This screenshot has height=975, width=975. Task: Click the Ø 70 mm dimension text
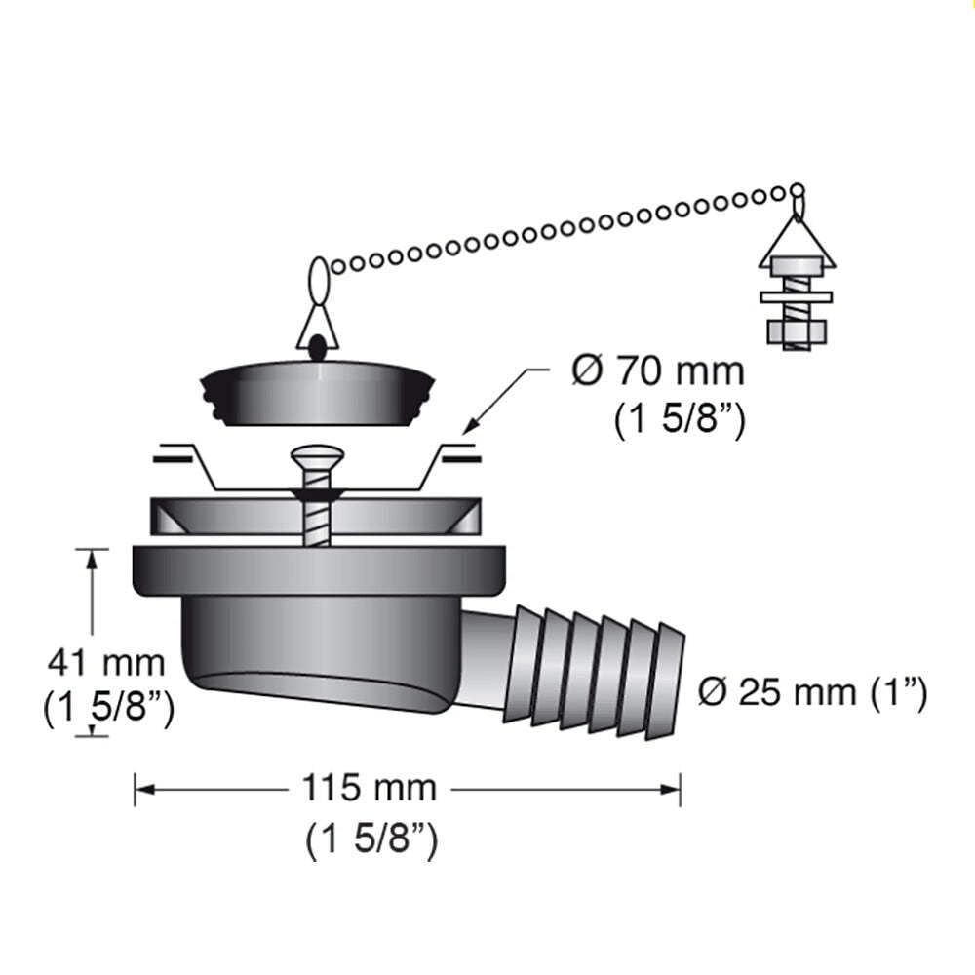657,372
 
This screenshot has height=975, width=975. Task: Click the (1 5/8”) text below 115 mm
370,839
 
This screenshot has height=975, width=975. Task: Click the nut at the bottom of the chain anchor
798,333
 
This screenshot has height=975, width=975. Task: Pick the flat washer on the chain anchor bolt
798,295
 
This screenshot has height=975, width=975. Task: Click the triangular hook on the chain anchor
798,239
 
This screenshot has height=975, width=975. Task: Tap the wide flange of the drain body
321,570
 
